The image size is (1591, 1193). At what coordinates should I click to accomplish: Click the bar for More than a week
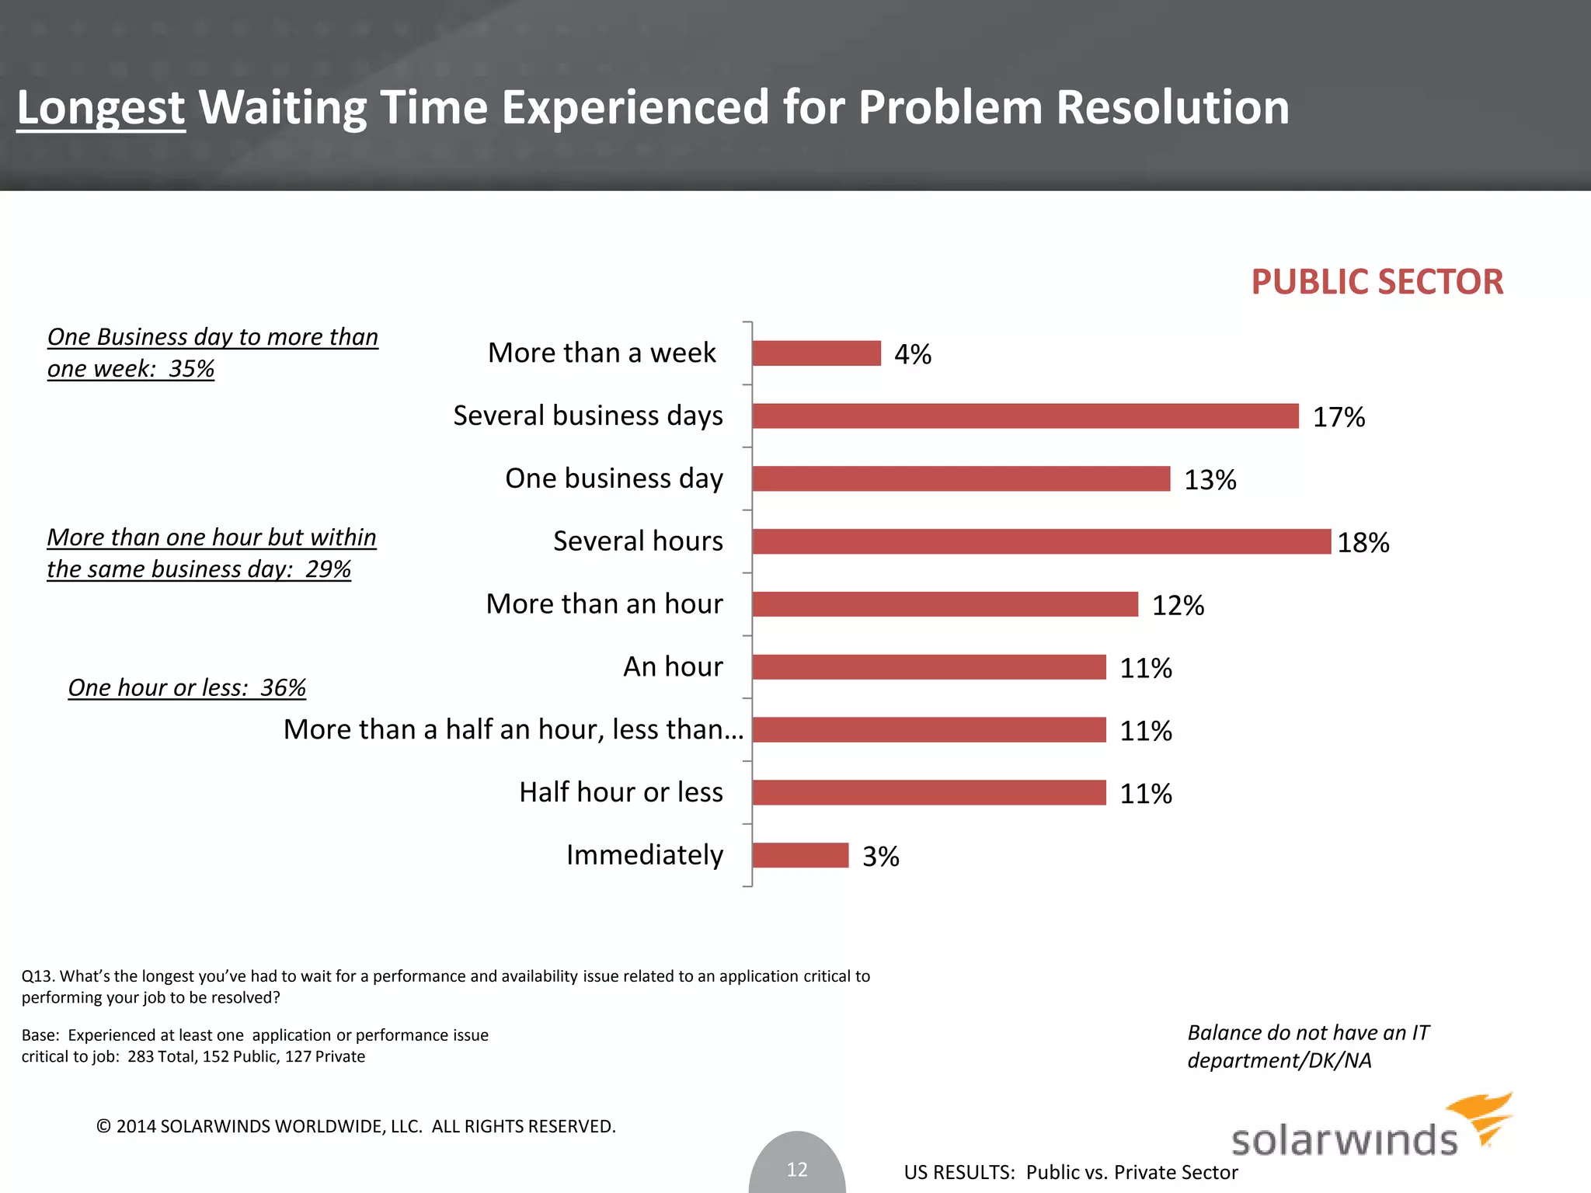816,353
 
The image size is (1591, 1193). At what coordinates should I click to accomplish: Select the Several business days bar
1025,416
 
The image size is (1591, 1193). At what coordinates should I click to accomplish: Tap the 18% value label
1363,542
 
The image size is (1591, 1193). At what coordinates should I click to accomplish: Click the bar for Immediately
800,855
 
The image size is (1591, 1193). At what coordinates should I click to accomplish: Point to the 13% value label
1210,480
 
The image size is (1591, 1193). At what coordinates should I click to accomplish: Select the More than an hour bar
945,604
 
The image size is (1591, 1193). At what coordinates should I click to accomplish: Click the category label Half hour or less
621,792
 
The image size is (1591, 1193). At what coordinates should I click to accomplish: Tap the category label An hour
673,666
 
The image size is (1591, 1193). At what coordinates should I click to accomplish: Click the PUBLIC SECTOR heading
1377,282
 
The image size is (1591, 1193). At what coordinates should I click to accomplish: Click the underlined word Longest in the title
101,107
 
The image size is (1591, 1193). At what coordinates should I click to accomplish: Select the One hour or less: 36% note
186,687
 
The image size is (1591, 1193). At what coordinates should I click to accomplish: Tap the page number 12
797,1169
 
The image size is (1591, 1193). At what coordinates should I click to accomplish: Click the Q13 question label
37,976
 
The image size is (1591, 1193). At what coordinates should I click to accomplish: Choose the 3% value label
880,857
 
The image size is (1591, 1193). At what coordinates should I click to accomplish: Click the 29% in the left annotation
328,569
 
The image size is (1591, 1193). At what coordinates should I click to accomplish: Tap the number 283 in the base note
141,1056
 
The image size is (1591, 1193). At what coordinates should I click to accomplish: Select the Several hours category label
638,541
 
